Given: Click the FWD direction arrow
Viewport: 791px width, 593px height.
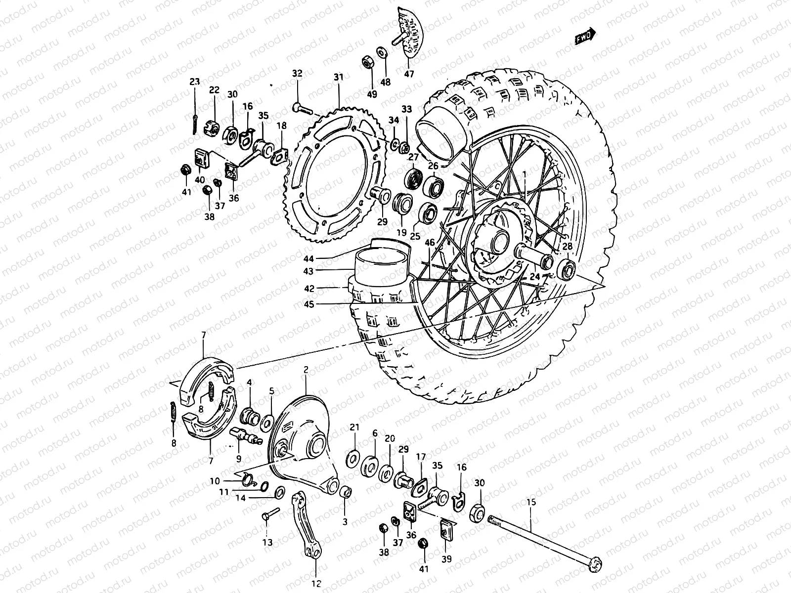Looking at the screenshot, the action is (586, 38).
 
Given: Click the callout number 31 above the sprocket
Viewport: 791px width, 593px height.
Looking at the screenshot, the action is (338, 77).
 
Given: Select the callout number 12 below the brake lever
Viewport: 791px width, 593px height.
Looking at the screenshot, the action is (317, 584).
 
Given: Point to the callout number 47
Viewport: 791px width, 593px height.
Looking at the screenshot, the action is (409, 74).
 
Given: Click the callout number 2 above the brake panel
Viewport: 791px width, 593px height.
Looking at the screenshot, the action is (306, 369).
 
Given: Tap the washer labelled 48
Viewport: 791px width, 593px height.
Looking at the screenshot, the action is (382, 52).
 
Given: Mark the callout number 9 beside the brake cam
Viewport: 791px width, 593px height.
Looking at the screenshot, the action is (239, 459).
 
